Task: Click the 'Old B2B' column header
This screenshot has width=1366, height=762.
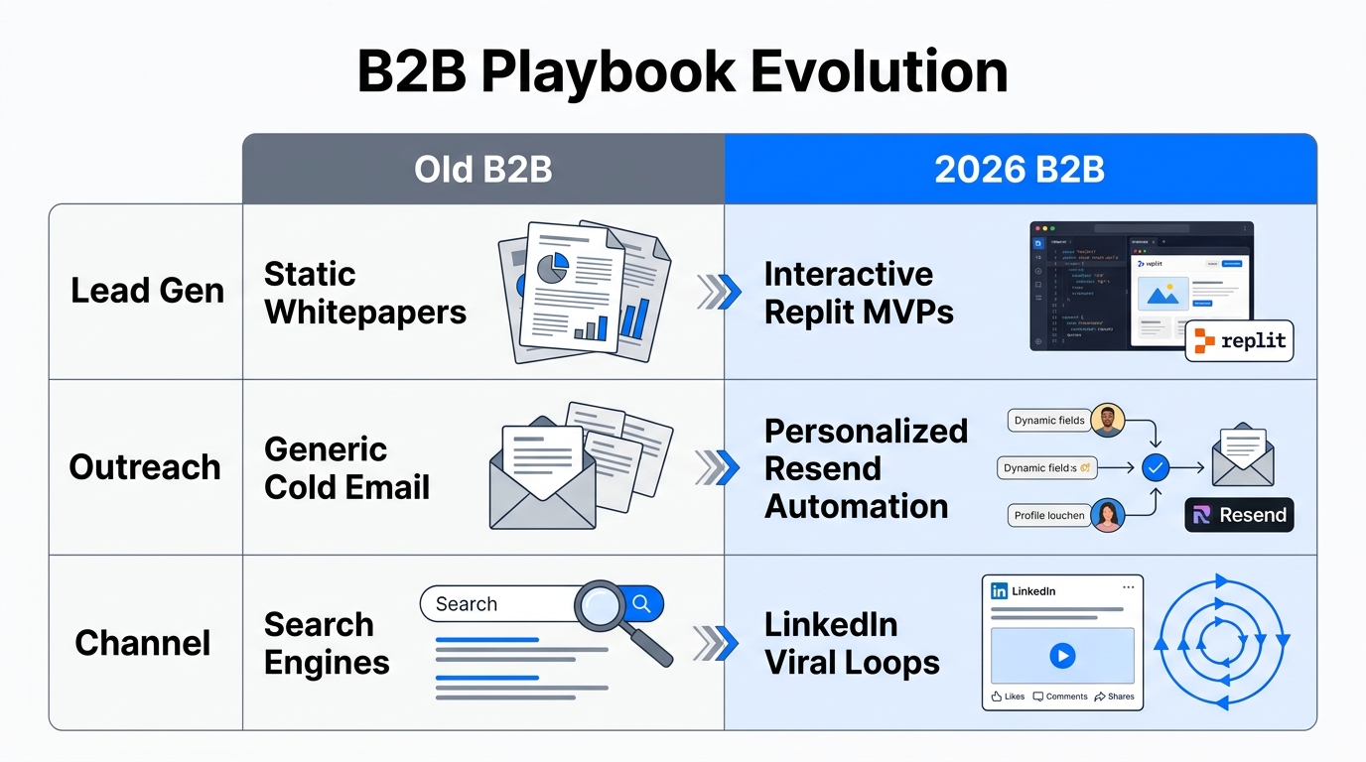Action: point(482,170)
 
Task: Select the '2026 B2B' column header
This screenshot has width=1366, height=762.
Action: point(1020,170)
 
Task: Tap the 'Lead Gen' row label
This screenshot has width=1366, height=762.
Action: point(147,291)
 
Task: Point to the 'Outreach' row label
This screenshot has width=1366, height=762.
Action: point(145,467)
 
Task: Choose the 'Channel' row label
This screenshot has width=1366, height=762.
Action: point(143,643)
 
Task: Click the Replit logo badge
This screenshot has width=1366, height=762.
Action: point(1240,341)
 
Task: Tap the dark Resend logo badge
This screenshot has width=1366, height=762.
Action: point(1240,515)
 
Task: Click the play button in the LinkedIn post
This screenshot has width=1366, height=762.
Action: point(1061,655)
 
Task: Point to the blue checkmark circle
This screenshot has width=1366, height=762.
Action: point(1155,467)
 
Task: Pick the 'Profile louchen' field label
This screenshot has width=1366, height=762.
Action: point(1048,516)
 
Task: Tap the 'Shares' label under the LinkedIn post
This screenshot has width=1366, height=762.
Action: point(1115,697)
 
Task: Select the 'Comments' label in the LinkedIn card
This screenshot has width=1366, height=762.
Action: point(1060,697)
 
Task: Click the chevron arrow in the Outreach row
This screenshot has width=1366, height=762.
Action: point(717,467)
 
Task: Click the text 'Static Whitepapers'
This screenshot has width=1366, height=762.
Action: point(364,293)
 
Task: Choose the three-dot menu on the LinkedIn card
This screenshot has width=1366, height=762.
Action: point(1127,587)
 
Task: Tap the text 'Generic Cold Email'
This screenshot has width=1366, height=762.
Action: point(346,468)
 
